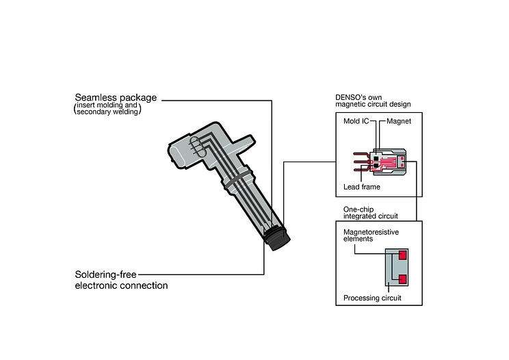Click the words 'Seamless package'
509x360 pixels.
(x=116, y=97)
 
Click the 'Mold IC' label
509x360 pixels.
(x=356, y=121)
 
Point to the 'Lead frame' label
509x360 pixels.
(x=361, y=186)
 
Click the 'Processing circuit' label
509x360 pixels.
(x=371, y=298)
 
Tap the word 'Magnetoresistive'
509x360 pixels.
(x=371, y=233)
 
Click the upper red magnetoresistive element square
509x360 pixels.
(x=402, y=255)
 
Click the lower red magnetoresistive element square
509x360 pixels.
(x=402, y=279)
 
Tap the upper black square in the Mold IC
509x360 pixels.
(x=376, y=154)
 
